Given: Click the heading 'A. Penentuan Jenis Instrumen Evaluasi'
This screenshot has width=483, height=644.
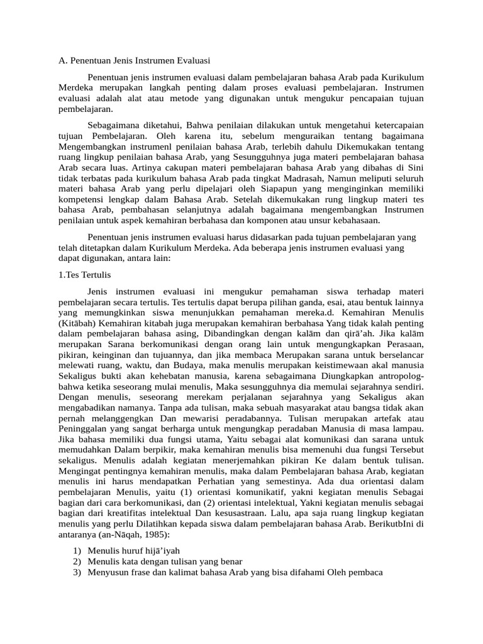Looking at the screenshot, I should [130, 60].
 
